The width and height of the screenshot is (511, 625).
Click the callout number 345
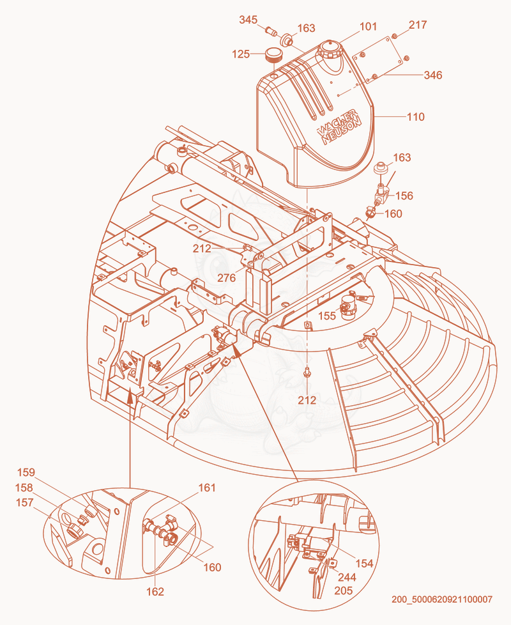click(x=248, y=20)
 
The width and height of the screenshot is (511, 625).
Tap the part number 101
click(x=368, y=26)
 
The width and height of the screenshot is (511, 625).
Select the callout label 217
click(x=417, y=25)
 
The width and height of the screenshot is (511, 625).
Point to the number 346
click(x=432, y=75)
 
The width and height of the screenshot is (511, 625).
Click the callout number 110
click(x=415, y=117)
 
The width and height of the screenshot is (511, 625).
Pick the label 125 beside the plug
click(x=241, y=54)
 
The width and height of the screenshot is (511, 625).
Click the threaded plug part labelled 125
click(x=273, y=55)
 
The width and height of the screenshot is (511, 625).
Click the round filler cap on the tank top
click(x=330, y=49)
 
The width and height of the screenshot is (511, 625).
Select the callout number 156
click(x=404, y=196)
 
